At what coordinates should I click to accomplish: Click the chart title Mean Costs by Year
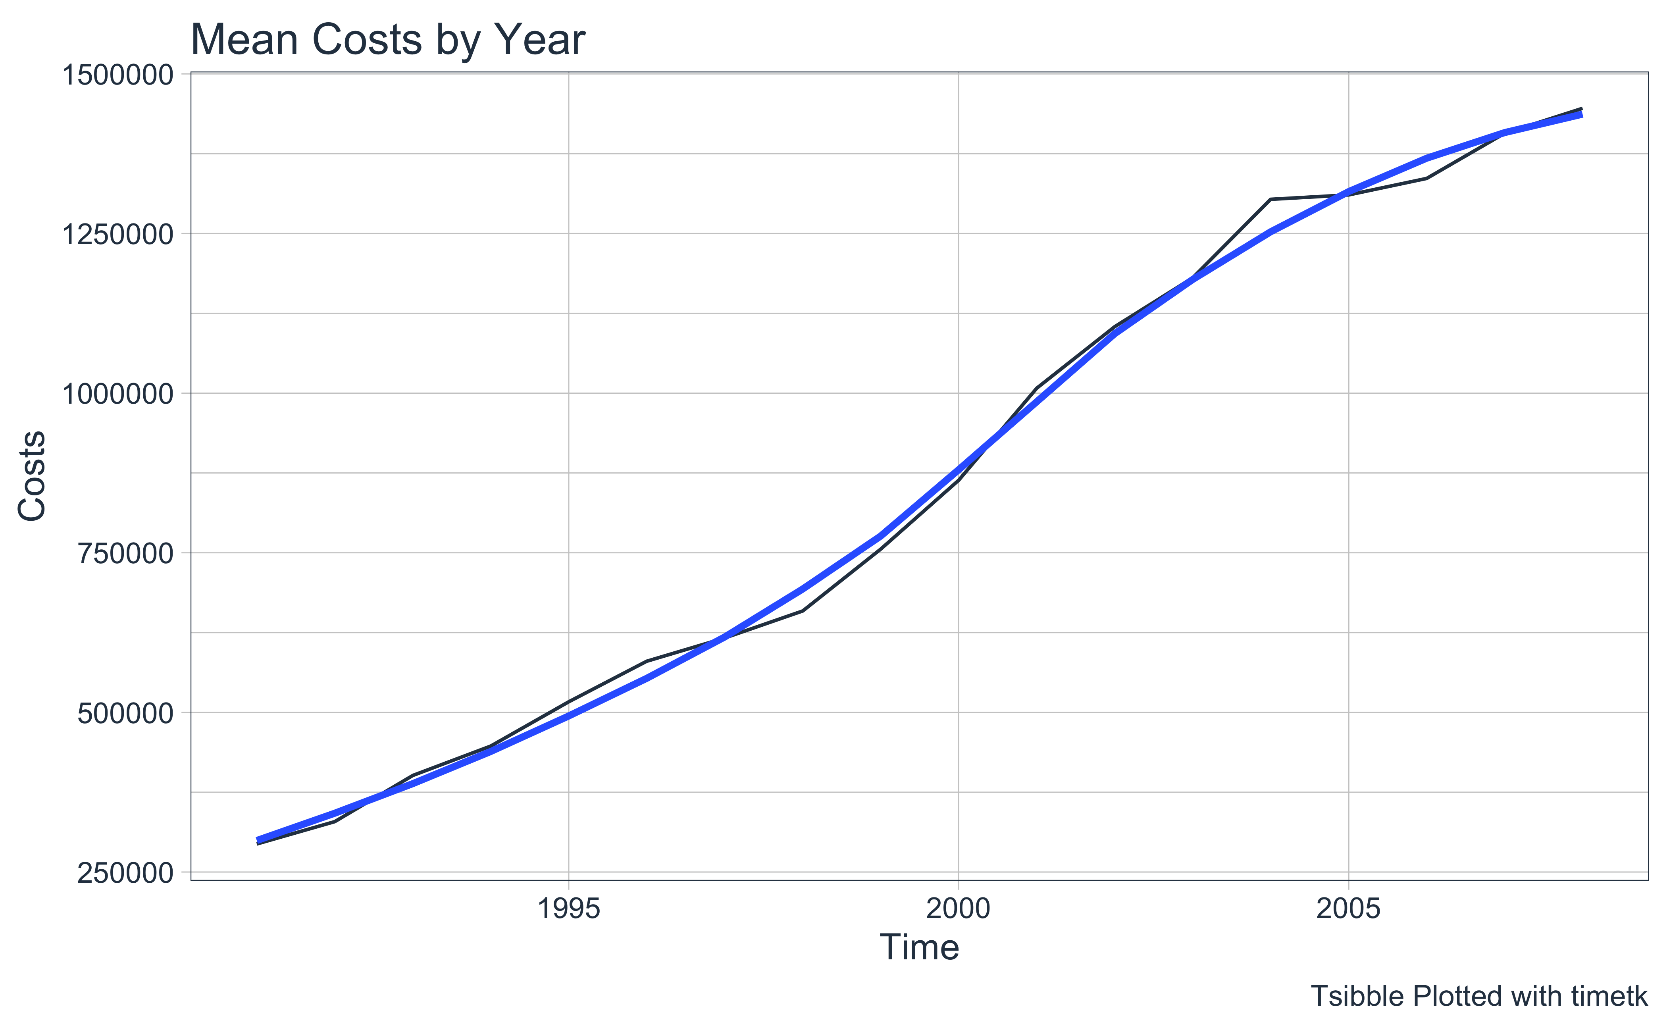point(388,40)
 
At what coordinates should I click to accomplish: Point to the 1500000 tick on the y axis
point(118,74)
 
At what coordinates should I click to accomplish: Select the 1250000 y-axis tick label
point(118,234)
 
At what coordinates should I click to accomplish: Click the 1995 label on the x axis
point(569,909)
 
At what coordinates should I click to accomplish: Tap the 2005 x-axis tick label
point(1349,909)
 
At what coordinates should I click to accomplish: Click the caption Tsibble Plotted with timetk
point(1479,996)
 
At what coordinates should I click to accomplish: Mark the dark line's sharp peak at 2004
point(1270,200)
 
